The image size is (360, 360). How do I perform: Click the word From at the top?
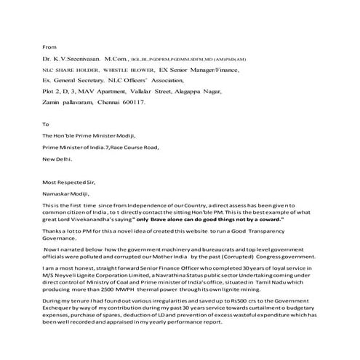50,43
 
